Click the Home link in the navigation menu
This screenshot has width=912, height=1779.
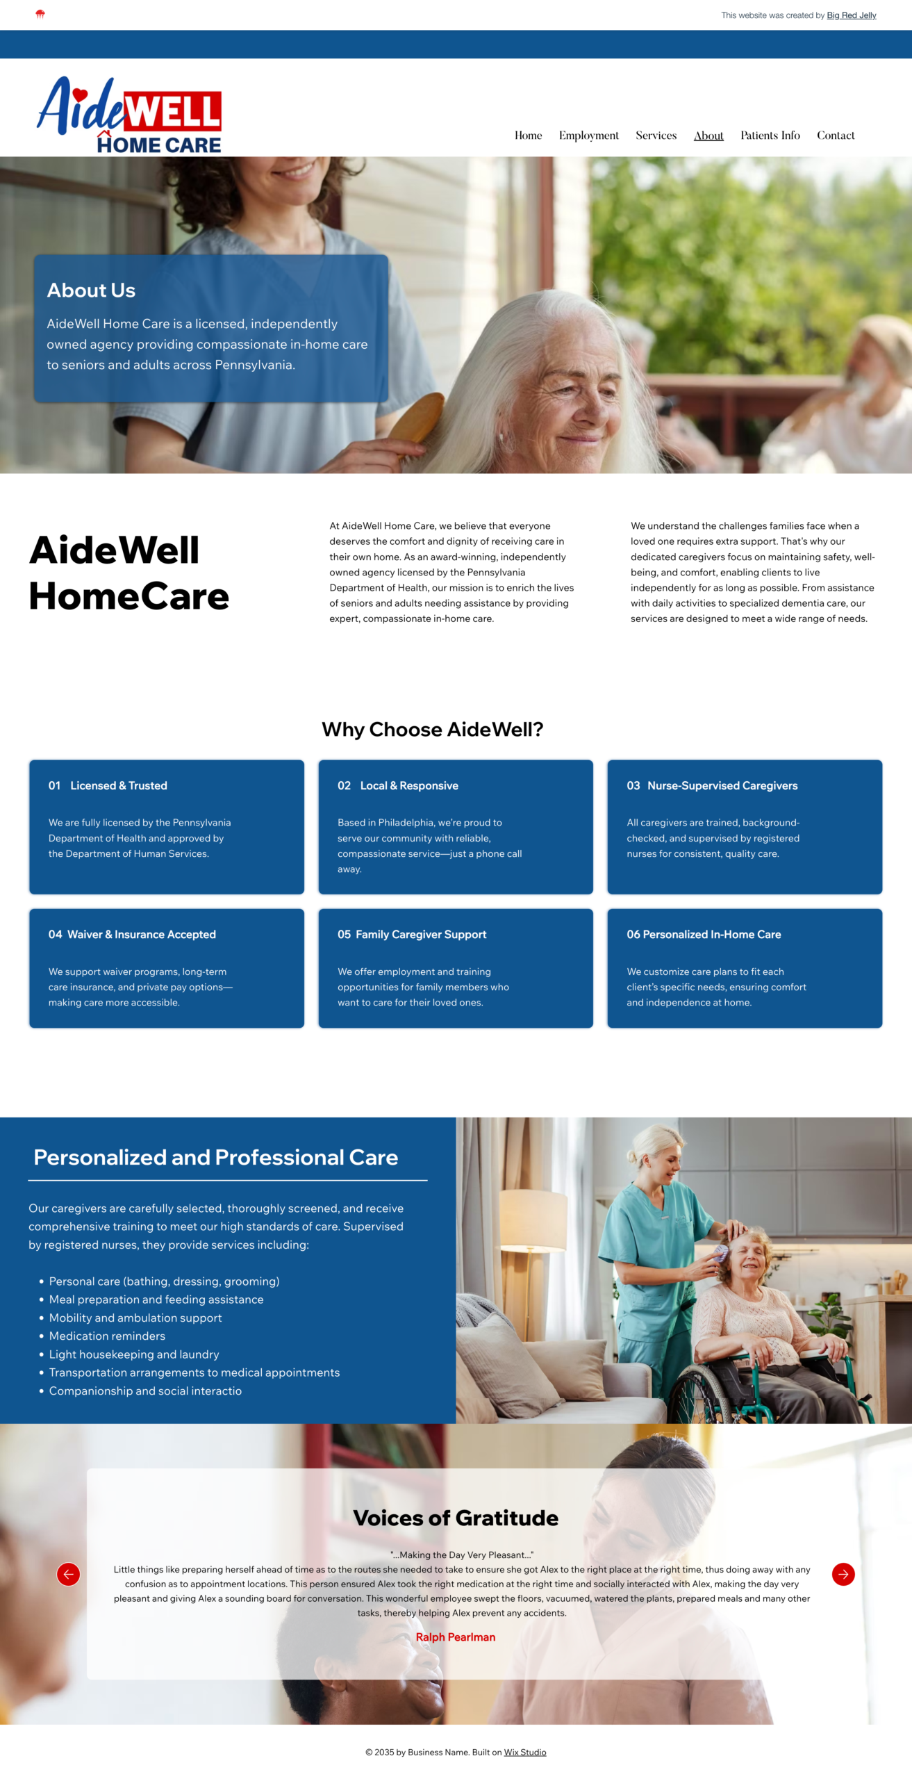pos(528,136)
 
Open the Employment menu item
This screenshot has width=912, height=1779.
pos(588,136)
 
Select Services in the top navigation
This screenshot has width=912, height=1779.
pos(656,136)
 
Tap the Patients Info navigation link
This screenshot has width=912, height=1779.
pos(770,136)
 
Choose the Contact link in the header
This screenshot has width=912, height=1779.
pos(836,136)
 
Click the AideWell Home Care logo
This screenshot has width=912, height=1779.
pos(129,115)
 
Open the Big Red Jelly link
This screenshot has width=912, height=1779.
pos(851,15)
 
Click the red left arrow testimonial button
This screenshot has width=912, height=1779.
pos(68,1573)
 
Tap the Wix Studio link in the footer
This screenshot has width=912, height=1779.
pos(524,1752)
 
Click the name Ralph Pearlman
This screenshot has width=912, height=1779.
pos(456,1637)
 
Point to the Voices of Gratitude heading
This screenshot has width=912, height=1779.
pos(456,1518)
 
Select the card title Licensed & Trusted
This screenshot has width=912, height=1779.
pos(119,785)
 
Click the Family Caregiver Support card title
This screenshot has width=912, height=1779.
pos(421,934)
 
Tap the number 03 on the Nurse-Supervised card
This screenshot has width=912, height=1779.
pos(633,785)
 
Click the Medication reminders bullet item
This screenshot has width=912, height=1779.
pos(107,1336)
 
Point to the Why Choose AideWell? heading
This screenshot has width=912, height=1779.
pos(432,729)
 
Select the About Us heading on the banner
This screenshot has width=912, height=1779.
pos(91,290)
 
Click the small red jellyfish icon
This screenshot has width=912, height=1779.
pos(40,15)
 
